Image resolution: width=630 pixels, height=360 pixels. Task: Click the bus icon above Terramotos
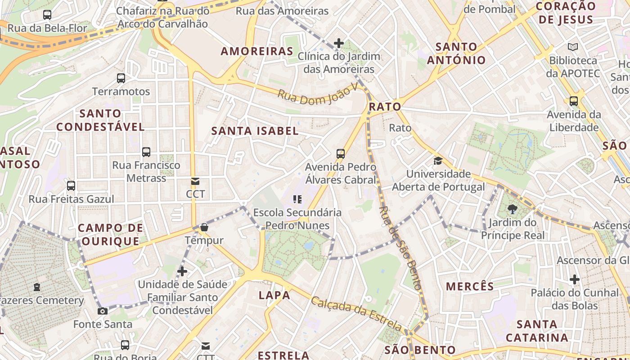pyautogui.click(x=121, y=78)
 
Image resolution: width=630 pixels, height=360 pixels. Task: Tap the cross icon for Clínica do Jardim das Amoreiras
pyautogui.click(x=339, y=43)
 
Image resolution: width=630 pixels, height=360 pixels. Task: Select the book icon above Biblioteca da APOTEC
pyautogui.click(x=573, y=47)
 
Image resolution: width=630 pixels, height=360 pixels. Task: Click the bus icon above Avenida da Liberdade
pyautogui.click(x=573, y=101)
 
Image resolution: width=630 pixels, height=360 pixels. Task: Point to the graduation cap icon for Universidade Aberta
pyautogui.click(x=438, y=161)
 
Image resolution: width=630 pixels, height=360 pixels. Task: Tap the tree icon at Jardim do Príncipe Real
pyautogui.click(x=512, y=209)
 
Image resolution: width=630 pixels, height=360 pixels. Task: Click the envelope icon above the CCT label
pyautogui.click(x=195, y=181)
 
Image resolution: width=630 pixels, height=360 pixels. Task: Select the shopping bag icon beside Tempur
pyautogui.click(x=204, y=227)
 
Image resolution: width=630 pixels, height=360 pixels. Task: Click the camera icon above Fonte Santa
pyautogui.click(x=103, y=311)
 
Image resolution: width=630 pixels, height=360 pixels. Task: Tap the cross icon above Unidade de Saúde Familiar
pyautogui.click(x=182, y=271)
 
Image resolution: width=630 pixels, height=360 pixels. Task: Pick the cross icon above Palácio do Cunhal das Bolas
pyautogui.click(x=574, y=280)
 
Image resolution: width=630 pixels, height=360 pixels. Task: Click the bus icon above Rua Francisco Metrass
pyautogui.click(x=146, y=152)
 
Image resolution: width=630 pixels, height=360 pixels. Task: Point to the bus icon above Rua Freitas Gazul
pyautogui.click(x=71, y=186)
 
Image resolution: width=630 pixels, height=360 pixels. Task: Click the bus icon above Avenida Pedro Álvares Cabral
pyautogui.click(x=341, y=154)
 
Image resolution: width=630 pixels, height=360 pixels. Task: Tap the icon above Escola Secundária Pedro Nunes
pyautogui.click(x=297, y=199)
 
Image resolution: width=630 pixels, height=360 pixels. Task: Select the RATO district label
pyautogui.click(x=385, y=107)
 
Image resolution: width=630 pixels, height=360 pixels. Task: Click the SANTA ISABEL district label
pyautogui.click(x=255, y=131)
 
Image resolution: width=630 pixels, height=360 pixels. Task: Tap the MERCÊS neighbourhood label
pyautogui.click(x=470, y=286)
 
